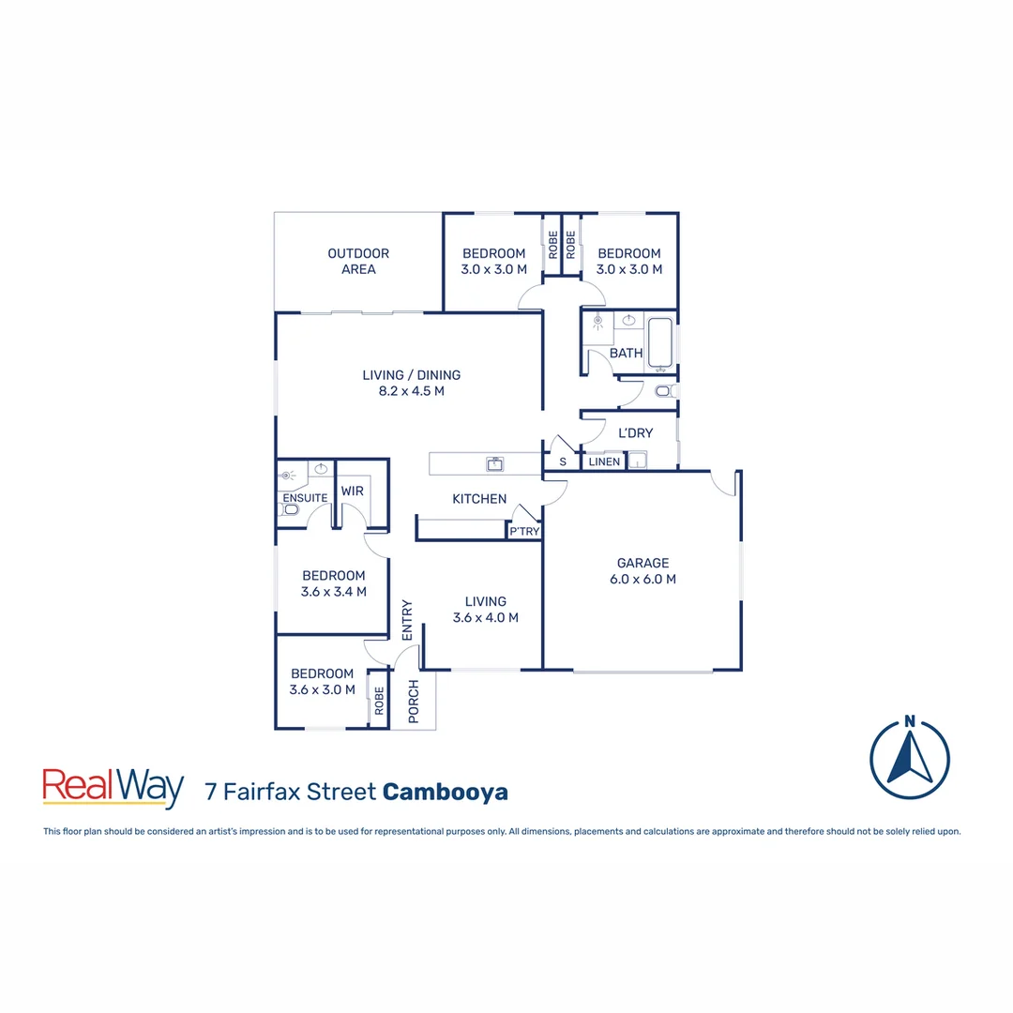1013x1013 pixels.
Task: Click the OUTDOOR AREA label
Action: tap(358, 261)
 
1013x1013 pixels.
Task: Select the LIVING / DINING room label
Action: tap(411, 383)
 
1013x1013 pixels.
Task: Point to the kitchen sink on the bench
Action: tap(494, 463)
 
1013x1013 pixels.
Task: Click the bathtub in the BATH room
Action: tap(660, 342)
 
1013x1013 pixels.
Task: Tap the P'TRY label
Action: tap(523, 532)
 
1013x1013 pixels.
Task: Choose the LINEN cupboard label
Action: tap(604, 461)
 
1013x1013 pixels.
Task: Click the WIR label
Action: tap(353, 491)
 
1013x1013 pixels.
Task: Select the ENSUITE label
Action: tap(304, 498)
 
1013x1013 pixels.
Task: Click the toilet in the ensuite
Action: tap(290, 510)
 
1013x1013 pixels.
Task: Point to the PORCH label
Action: tap(414, 703)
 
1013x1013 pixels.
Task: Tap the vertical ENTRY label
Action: tap(407, 620)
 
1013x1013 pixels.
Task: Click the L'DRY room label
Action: tap(635, 432)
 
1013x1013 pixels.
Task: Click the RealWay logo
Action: tap(113, 789)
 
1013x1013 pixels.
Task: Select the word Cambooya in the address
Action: tap(446, 792)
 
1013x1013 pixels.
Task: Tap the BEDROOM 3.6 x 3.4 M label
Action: tap(333, 583)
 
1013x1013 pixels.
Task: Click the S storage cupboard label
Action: tap(563, 461)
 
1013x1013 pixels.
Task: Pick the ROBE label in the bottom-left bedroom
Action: tap(379, 702)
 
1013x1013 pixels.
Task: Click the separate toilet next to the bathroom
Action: tap(664, 390)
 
